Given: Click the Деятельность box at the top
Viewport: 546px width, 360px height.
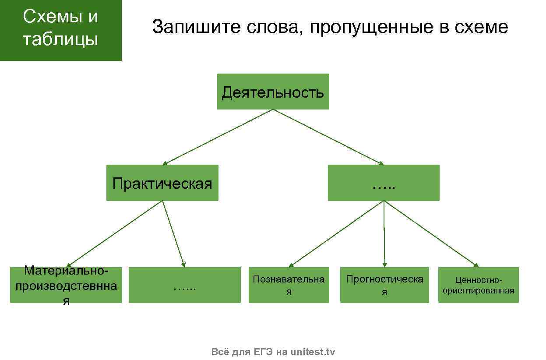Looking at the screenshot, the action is pos(273,92).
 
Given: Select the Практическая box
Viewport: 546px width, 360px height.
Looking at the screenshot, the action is pos(162,183).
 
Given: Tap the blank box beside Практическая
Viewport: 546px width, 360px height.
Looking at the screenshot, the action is pos(384,183).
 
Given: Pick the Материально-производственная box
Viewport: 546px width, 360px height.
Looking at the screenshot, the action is pos(66,285).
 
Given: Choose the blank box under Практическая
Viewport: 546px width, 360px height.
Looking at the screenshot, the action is pos(184,285).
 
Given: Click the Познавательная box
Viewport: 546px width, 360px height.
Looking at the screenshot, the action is pos(289,285).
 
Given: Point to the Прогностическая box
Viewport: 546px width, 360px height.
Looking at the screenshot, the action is pos(384,285).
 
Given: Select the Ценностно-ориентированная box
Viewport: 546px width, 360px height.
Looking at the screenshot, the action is pos(478,285).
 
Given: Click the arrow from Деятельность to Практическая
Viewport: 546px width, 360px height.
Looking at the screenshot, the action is pos(218,137).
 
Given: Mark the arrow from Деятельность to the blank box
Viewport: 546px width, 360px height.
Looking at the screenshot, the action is pos(328,137).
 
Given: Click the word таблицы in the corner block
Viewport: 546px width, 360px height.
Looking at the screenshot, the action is pos(60,39).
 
